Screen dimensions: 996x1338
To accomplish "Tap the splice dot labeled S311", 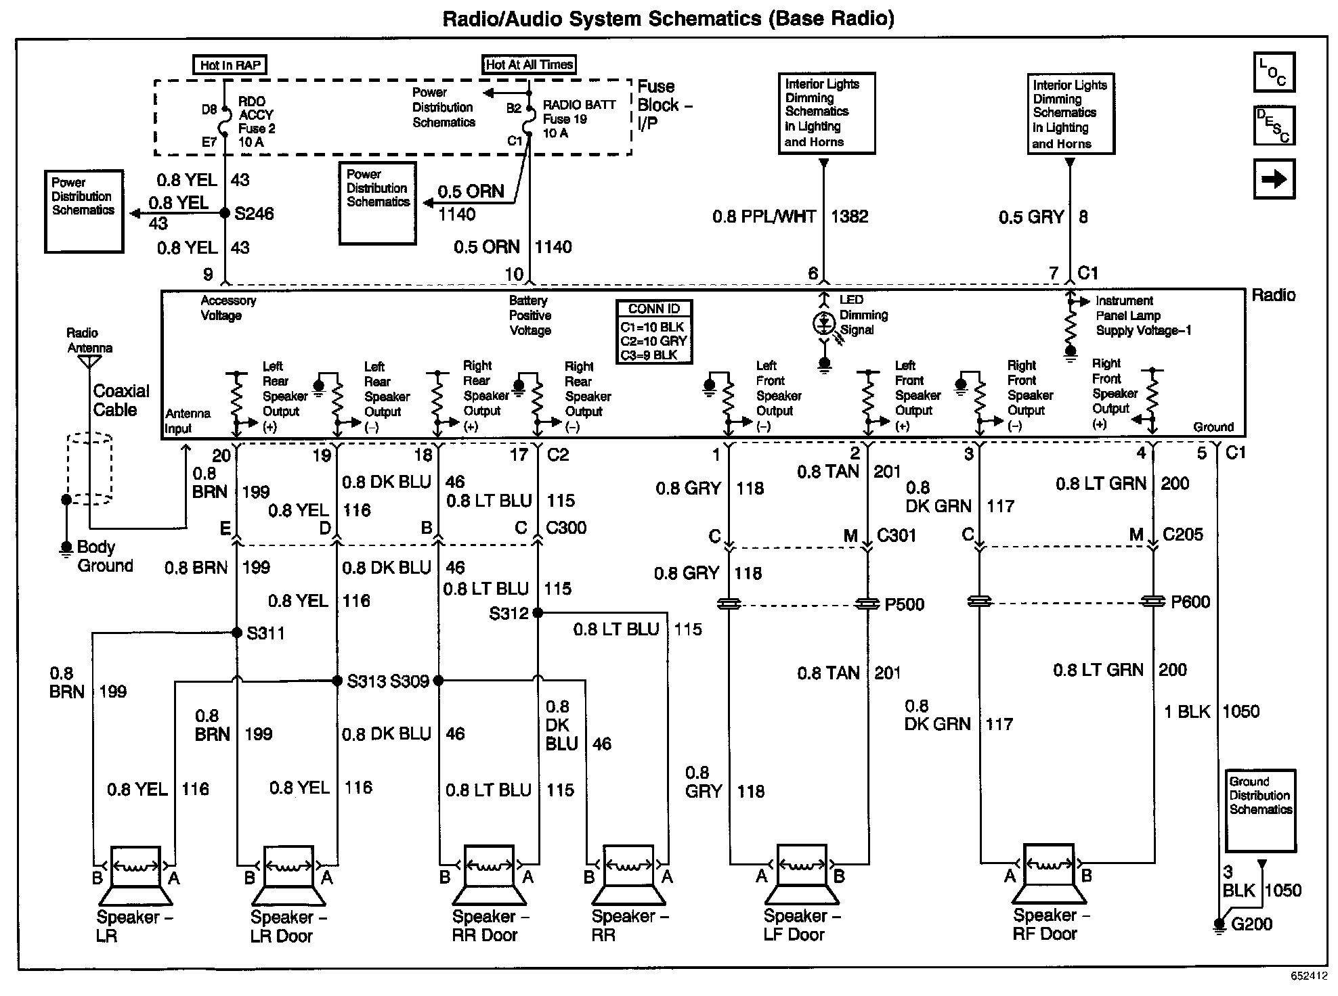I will click(x=236, y=633).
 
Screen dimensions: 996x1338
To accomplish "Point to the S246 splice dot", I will click(x=225, y=213).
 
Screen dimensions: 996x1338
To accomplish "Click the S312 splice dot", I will click(x=538, y=613).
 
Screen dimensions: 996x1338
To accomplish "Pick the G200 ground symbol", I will click(x=1220, y=924).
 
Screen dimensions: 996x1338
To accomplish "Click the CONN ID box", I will click(x=654, y=332).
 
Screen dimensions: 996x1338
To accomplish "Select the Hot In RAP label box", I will click(x=230, y=65).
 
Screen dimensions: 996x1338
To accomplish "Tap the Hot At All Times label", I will click(x=529, y=64).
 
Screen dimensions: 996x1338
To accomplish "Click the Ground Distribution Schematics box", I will click(x=1260, y=809).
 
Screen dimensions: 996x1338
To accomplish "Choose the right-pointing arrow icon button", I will click(x=1274, y=179).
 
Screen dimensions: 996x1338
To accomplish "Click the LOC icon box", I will click(x=1274, y=72).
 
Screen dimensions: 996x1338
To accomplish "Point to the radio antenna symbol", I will click(x=89, y=361).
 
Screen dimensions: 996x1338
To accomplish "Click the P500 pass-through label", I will click(x=904, y=604).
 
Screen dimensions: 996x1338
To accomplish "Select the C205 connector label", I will click(x=1182, y=535).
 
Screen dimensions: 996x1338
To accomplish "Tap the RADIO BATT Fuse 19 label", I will click(x=578, y=119).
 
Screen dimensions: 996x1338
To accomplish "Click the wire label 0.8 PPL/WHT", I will click(x=763, y=217).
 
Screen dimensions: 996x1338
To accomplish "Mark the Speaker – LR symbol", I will click(x=135, y=876).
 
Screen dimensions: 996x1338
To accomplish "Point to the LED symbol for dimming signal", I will click(x=824, y=324).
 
